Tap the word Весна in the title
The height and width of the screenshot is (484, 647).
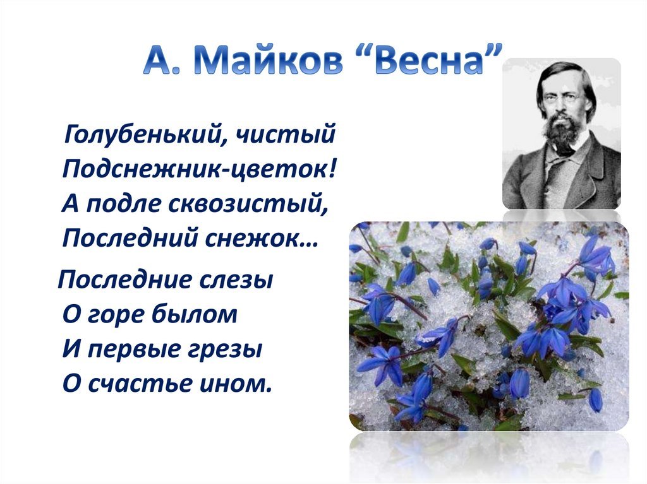(x=429, y=61)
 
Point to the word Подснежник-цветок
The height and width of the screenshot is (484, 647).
(x=199, y=169)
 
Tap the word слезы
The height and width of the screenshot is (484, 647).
(x=236, y=280)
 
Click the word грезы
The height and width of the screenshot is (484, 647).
(x=225, y=350)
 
